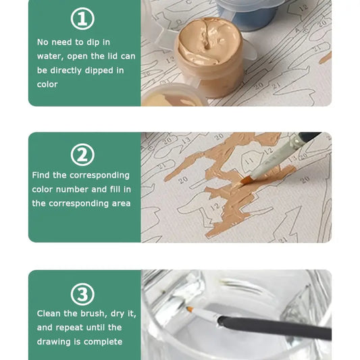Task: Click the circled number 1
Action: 82,19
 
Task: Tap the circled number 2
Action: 82,155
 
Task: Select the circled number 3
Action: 82,294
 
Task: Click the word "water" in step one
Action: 50,57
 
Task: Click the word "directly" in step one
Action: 66,71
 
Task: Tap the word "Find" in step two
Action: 41,175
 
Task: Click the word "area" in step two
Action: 121,204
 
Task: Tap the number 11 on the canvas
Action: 249,161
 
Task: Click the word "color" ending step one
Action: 47,84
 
